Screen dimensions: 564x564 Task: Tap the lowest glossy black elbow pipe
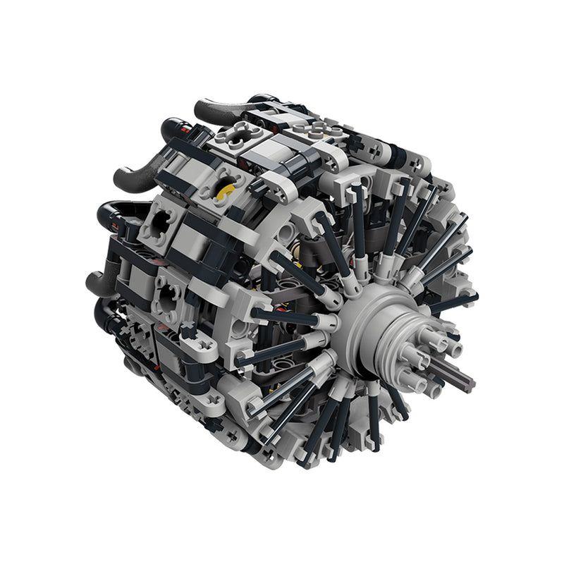(x=106, y=317)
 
